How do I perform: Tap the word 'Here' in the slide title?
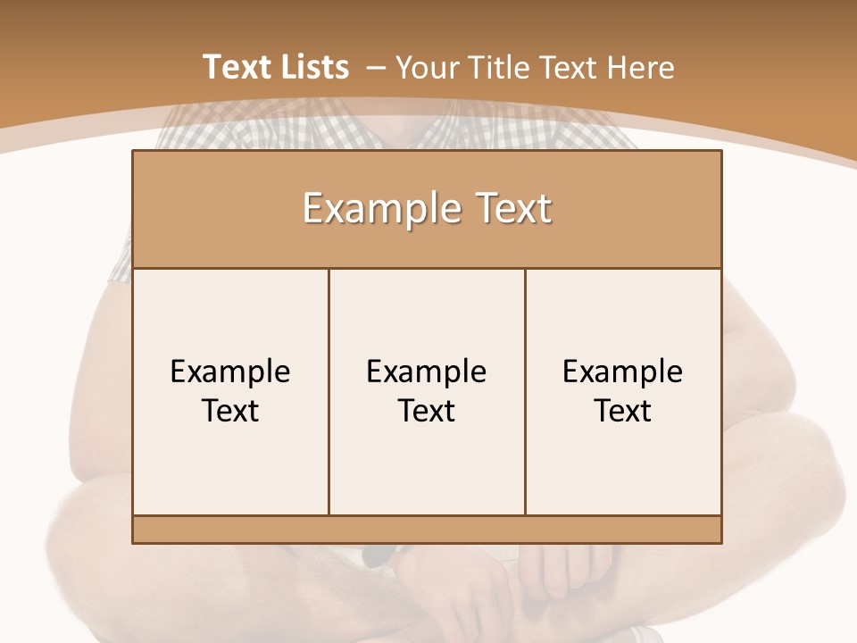(x=640, y=67)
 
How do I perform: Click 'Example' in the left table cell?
(x=230, y=372)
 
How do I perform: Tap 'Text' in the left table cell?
(x=230, y=411)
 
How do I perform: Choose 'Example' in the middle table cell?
(x=427, y=372)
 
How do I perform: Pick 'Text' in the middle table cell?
(x=427, y=411)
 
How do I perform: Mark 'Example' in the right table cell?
(x=623, y=372)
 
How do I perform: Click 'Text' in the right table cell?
(x=623, y=411)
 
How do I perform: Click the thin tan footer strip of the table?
(x=427, y=530)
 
